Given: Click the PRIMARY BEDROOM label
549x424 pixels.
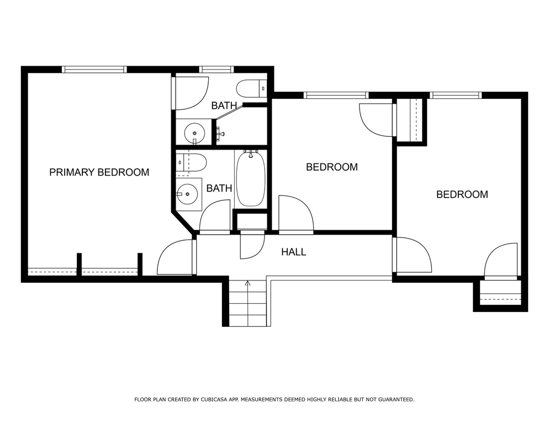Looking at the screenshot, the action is tap(99, 172).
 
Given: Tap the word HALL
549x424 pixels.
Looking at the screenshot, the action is tap(294, 252).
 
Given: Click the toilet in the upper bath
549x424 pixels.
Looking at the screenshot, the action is tap(252, 88).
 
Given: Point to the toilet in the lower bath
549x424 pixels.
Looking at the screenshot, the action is tap(191, 162).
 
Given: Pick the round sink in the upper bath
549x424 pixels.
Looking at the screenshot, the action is tap(194, 132).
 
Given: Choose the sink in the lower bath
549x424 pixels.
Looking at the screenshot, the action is tap(187, 194).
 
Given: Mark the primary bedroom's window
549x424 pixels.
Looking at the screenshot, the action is tap(94, 70).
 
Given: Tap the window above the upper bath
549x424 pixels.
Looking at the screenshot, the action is tap(216, 70).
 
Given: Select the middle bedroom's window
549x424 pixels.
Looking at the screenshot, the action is tap(336, 95).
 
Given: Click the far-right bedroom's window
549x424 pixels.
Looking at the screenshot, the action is tap(456, 95).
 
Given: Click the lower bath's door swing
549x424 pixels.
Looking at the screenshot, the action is tap(215, 215).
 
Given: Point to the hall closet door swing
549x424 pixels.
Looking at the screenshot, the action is tap(252, 245).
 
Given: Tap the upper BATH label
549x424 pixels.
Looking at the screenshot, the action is tap(224, 105).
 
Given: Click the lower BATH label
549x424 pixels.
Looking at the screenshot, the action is tap(219, 188).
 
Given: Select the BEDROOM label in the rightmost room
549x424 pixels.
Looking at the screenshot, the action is tap(462, 195).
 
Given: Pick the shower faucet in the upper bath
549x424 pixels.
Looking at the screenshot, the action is tap(220, 133).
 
